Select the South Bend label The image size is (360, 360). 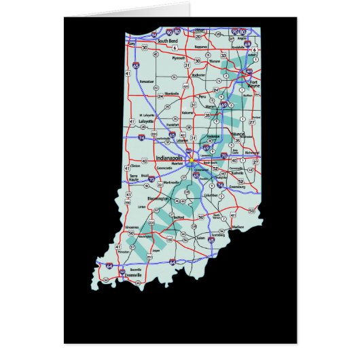[168, 41]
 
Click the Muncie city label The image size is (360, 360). [238, 136]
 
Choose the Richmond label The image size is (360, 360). [252, 152]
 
